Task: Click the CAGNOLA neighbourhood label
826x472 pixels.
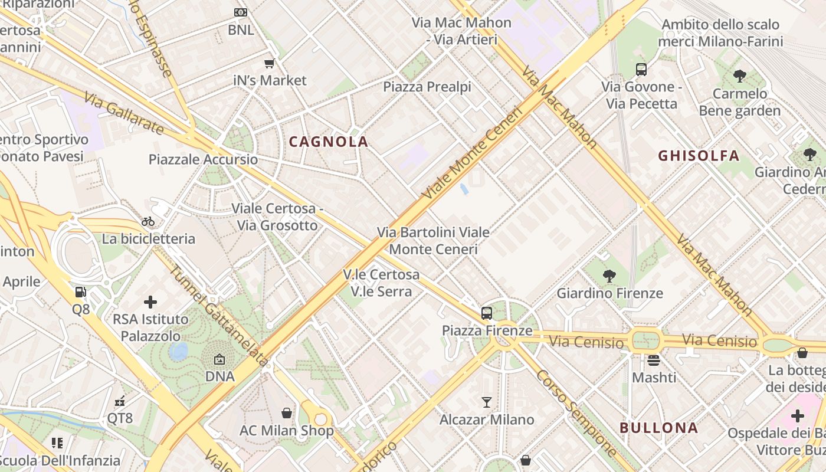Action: point(329,142)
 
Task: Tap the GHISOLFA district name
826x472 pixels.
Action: point(699,156)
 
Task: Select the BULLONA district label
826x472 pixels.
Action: point(659,428)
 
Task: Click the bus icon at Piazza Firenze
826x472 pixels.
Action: point(487,313)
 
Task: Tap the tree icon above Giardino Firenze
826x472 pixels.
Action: point(609,276)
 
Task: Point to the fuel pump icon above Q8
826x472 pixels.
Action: point(80,291)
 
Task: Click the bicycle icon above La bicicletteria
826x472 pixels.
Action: point(148,221)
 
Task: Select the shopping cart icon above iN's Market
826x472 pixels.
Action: point(270,63)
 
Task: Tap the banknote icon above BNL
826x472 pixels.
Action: point(241,12)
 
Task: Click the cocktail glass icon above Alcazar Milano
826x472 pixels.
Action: point(487,402)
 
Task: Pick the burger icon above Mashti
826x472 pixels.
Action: point(654,359)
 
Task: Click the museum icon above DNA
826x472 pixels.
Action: point(219,359)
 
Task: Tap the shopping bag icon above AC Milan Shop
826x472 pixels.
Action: point(287,413)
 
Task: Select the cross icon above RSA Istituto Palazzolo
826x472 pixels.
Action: point(150,302)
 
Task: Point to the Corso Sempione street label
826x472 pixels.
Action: point(576,413)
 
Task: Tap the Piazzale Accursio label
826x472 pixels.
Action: point(203,159)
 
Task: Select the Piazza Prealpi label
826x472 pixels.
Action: point(427,87)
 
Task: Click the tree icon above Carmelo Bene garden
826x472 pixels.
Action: point(739,76)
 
